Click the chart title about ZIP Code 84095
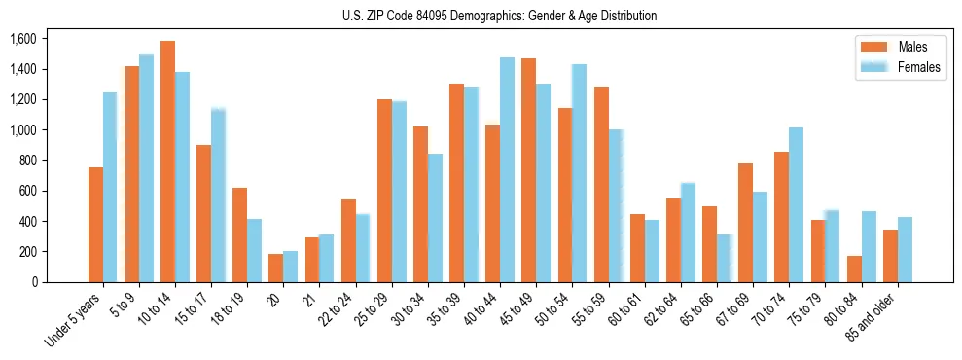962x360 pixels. (499, 16)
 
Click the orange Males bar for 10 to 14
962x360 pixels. (167, 162)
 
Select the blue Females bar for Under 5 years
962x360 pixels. (110, 187)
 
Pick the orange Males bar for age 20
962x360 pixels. (276, 268)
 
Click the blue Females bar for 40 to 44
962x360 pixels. (507, 169)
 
